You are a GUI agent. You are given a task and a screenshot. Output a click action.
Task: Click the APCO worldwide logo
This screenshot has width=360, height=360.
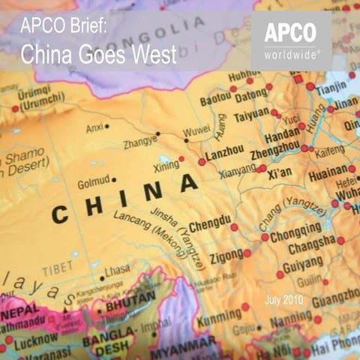tap(290, 40)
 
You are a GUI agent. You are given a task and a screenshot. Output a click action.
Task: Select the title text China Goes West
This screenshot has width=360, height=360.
tap(97, 54)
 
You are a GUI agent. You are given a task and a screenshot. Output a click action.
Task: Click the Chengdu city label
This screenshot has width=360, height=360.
tap(209, 225)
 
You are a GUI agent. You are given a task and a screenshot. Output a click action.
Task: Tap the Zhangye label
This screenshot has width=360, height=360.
tap(139, 139)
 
